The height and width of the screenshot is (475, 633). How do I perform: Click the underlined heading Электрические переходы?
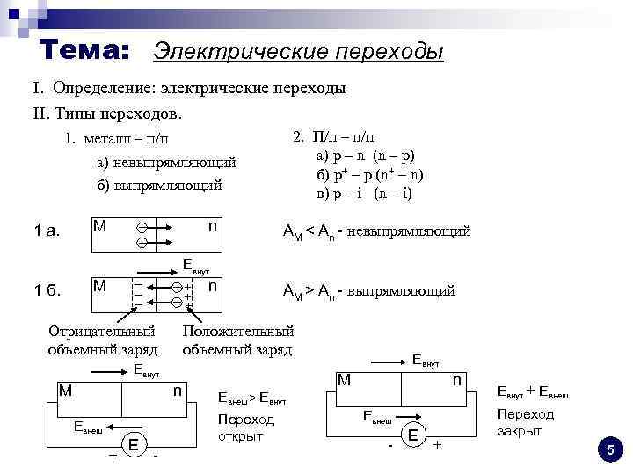(x=298, y=52)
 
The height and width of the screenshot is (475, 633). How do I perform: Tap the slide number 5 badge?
(x=608, y=450)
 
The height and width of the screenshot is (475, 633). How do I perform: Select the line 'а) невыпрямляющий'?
(x=166, y=163)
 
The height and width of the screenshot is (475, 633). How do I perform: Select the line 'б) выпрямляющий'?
(x=159, y=185)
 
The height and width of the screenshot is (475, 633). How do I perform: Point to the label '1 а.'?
(x=47, y=231)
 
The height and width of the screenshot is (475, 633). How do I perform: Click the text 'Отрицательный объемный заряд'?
(x=102, y=340)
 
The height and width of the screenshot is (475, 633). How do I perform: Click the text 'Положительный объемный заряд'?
(x=237, y=340)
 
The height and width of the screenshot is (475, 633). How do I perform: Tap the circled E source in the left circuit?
(x=133, y=444)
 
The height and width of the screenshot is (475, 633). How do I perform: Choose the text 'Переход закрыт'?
(x=526, y=422)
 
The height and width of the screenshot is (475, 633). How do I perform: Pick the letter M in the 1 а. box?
(x=99, y=226)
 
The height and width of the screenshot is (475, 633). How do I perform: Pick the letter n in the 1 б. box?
(x=214, y=287)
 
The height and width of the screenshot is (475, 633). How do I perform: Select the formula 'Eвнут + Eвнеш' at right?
(x=534, y=393)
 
